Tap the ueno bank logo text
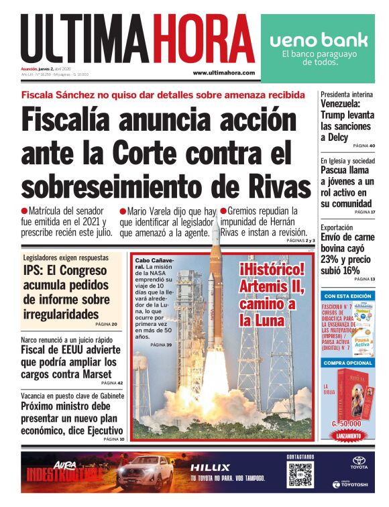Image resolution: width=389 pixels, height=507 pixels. pos(319,40)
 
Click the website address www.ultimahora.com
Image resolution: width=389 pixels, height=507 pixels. pos(223,72)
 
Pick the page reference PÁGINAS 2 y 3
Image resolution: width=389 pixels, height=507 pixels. pos(299,240)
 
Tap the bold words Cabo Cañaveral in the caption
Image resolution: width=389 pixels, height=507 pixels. pos(154,263)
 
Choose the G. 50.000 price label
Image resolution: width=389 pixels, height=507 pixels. pos(346,424)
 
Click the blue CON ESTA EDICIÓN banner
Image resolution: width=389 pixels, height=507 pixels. pos(348,296)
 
